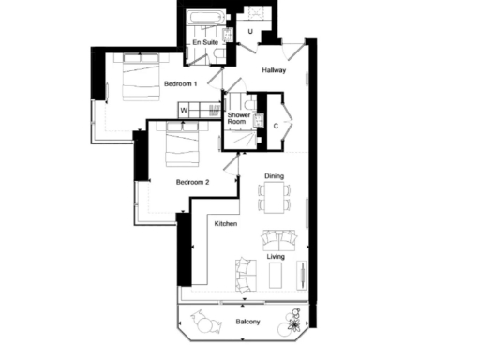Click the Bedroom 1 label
pyautogui.click(x=180, y=84)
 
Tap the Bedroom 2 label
pyautogui.click(x=192, y=182)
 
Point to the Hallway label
pyautogui.click(x=274, y=70)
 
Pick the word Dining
pyautogui.click(x=275, y=175)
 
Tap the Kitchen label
pyautogui.click(x=225, y=223)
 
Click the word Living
pyautogui.click(x=276, y=255)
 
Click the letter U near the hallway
pyautogui.click(x=250, y=32)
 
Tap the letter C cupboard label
pyautogui.click(x=276, y=124)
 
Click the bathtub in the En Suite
pyautogui.click(x=203, y=20)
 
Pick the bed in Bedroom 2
pyautogui.click(x=184, y=144)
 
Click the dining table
pyautogui.click(x=275, y=197)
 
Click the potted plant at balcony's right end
pyautogui.click(x=294, y=324)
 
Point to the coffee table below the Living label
pyautogui.click(x=276, y=274)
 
